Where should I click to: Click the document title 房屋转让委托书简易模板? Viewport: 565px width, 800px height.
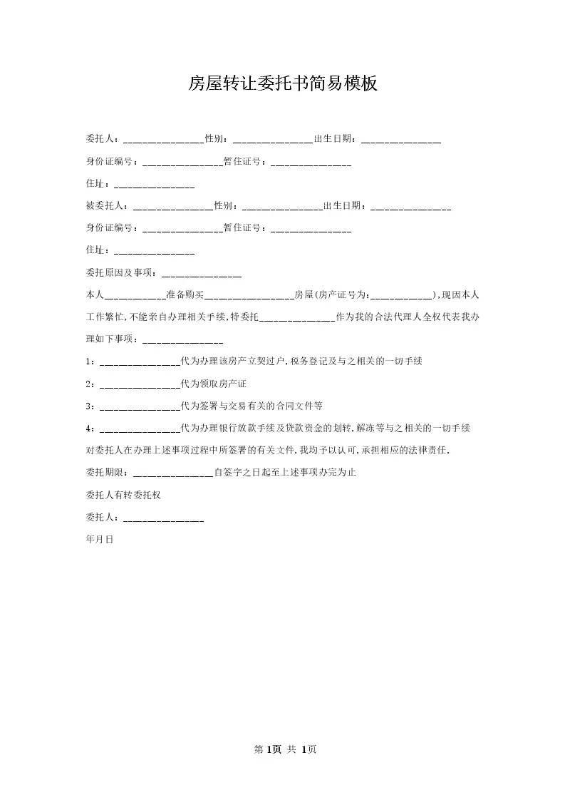(282, 84)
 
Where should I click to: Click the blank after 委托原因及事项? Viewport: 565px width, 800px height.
(202, 272)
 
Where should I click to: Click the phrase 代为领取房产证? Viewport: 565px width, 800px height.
(214, 384)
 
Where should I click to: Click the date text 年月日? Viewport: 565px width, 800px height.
(99, 540)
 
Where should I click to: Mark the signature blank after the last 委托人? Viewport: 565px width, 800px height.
(164, 518)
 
